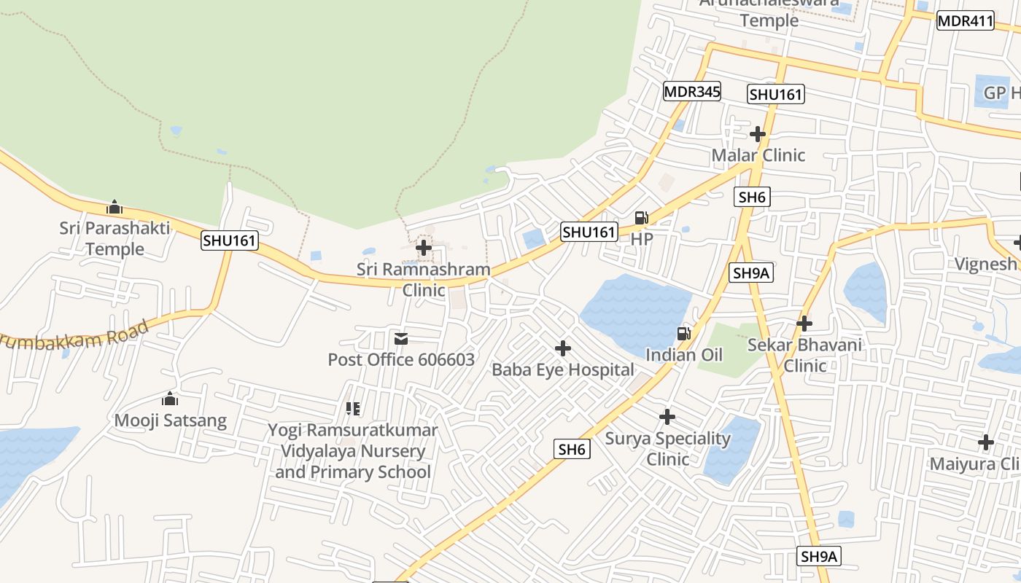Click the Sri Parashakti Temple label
pyautogui.click(x=114, y=238)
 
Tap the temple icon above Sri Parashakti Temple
pyautogui.click(x=114, y=208)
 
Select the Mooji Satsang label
pyautogui.click(x=170, y=420)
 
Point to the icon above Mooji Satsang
pyautogui.click(x=170, y=399)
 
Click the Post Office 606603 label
pyautogui.click(x=401, y=359)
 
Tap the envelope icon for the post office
pyautogui.click(x=401, y=339)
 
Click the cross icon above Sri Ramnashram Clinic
pyautogui.click(x=424, y=248)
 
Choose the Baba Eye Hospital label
pyautogui.click(x=563, y=369)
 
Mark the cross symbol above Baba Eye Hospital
pyautogui.click(x=563, y=348)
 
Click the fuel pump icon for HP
pyautogui.click(x=642, y=217)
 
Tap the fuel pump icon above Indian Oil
pyautogui.click(x=684, y=334)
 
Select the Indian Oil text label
pyautogui.click(x=684, y=355)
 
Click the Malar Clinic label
pyautogui.click(x=758, y=155)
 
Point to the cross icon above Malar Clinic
pyautogui.click(x=758, y=134)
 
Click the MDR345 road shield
pyautogui.click(x=692, y=92)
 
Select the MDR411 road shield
pyautogui.click(x=966, y=21)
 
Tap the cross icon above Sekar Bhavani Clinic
pyautogui.click(x=804, y=323)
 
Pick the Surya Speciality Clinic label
pyautogui.click(x=667, y=448)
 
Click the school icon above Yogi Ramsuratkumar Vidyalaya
pyautogui.click(x=353, y=409)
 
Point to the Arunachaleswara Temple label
pyautogui.click(x=769, y=13)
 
